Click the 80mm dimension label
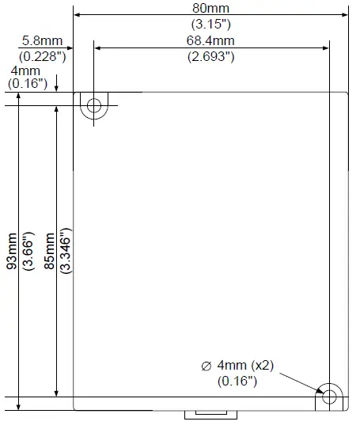(x=210, y=7)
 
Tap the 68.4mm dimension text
(x=210, y=40)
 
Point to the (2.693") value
(x=210, y=56)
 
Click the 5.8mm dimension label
(x=38, y=40)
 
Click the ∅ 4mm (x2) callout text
(x=237, y=366)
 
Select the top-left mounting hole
(x=94, y=105)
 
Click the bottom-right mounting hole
(x=328, y=396)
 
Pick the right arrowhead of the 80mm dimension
(x=344, y=13)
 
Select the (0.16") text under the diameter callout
(x=237, y=381)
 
